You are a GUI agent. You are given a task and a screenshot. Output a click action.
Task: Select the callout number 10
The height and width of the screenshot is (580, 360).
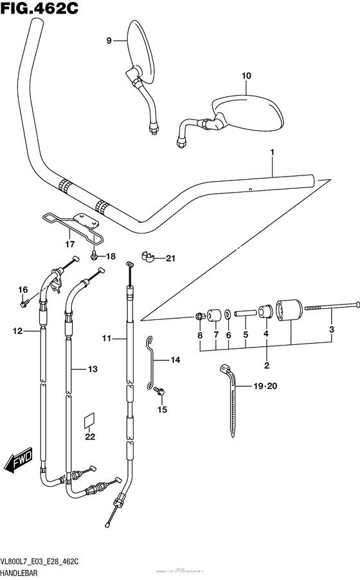[x=245, y=76]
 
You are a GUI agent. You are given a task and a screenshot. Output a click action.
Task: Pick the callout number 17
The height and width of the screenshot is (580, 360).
[x=69, y=244]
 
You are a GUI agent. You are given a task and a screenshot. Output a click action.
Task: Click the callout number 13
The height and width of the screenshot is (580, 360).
[x=92, y=369]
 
